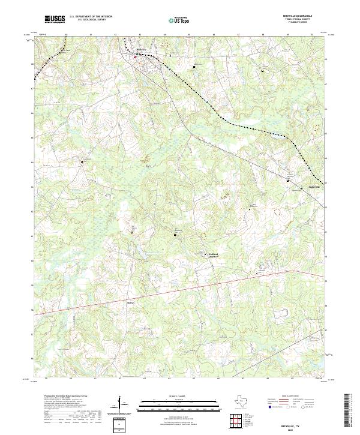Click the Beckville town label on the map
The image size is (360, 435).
(141, 49)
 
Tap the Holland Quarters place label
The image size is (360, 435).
(214, 256)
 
